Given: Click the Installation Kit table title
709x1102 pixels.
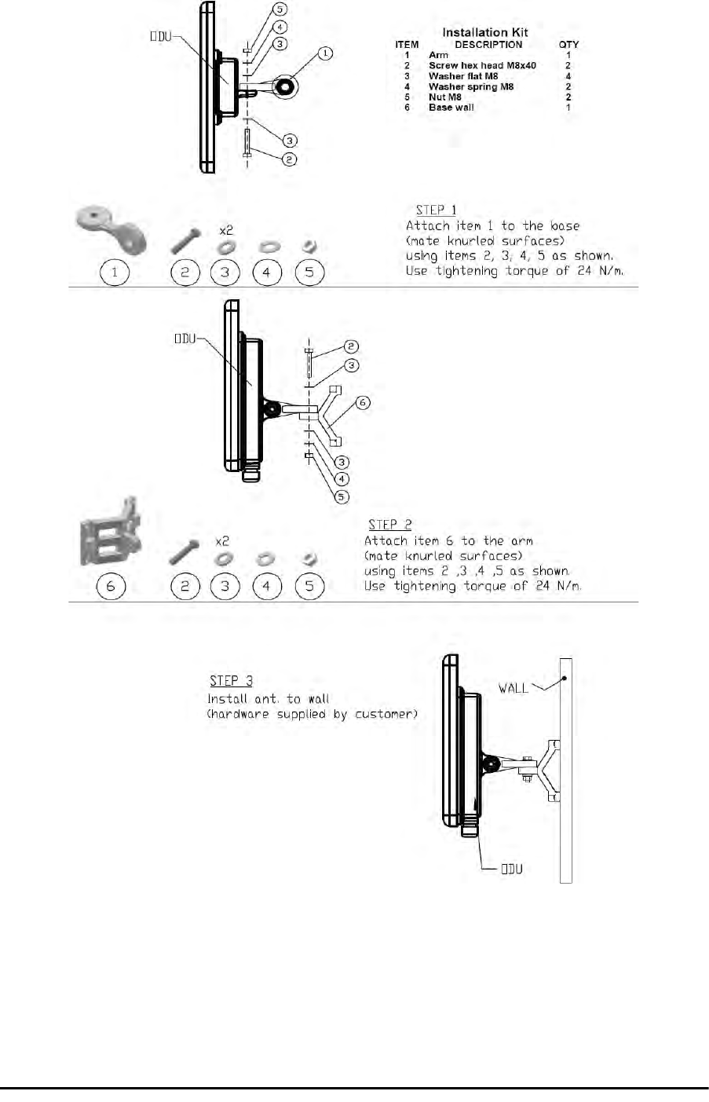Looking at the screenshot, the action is point(485,32).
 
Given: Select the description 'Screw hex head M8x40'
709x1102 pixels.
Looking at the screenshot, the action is point(482,66).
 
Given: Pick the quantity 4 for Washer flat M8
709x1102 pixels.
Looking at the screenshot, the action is point(568,76).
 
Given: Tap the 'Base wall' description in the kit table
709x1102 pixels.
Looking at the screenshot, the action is point(451,108).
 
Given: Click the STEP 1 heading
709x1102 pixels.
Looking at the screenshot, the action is point(436,210).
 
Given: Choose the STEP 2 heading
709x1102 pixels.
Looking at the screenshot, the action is point(390,525).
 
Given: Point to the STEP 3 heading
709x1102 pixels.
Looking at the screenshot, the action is point(231,680).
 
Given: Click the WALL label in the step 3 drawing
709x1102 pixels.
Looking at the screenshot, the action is point(513,688).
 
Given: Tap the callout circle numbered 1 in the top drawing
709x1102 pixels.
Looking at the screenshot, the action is point(325,53).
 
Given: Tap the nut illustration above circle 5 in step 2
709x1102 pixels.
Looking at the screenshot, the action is point(309,559).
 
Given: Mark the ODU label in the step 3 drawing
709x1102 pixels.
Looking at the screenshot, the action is point(512,869).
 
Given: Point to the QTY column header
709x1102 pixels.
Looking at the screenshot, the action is point(568,45).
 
